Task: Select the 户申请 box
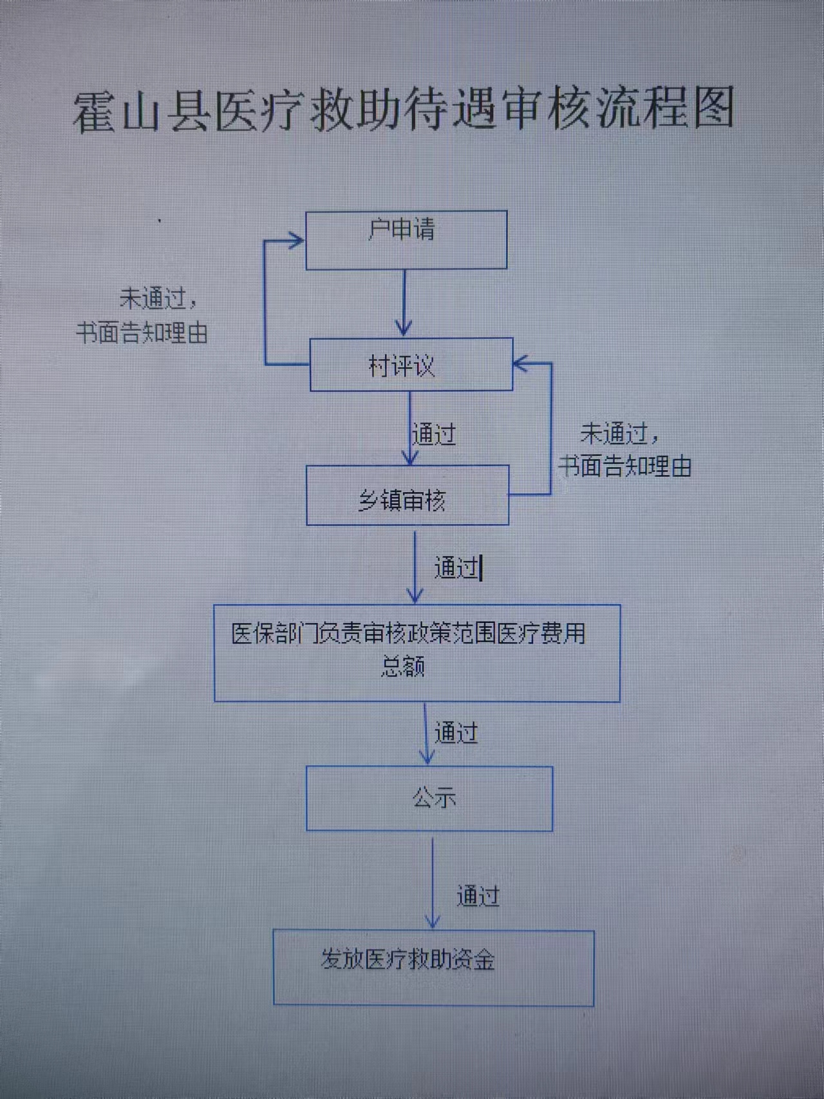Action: [406, 240]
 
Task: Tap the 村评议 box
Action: [411, 365]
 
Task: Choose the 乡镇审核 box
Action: [407, 495]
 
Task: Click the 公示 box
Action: [429, 798]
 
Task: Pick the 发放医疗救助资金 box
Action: [433, 968]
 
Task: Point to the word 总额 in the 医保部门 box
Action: [402, 667]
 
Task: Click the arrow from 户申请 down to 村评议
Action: [404, 303]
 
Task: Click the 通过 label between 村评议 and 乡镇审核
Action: [434, 434]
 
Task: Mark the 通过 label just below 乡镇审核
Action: [456, 568]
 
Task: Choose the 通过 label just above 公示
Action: [456, 733]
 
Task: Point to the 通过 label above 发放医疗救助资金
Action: [478, 896]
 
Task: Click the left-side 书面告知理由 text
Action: [142, 332]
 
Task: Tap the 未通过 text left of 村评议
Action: [153, 298]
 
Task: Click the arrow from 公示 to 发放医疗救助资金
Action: [433, 883]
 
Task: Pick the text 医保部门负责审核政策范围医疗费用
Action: [408, 634]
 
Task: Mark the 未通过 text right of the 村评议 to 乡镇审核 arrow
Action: [615, 434]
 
